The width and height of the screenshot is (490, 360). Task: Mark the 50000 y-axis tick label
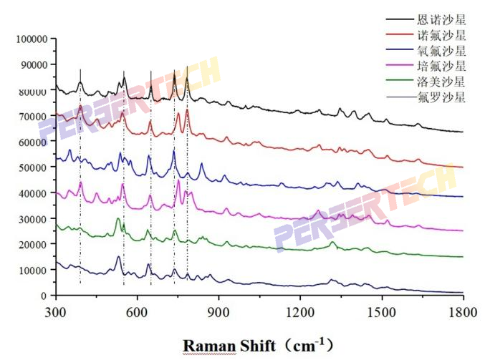[33, 167]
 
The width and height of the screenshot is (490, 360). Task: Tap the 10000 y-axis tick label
[33, 270]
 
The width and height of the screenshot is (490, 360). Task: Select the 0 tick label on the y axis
[44, 296]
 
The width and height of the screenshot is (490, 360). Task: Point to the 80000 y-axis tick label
[33, 90]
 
